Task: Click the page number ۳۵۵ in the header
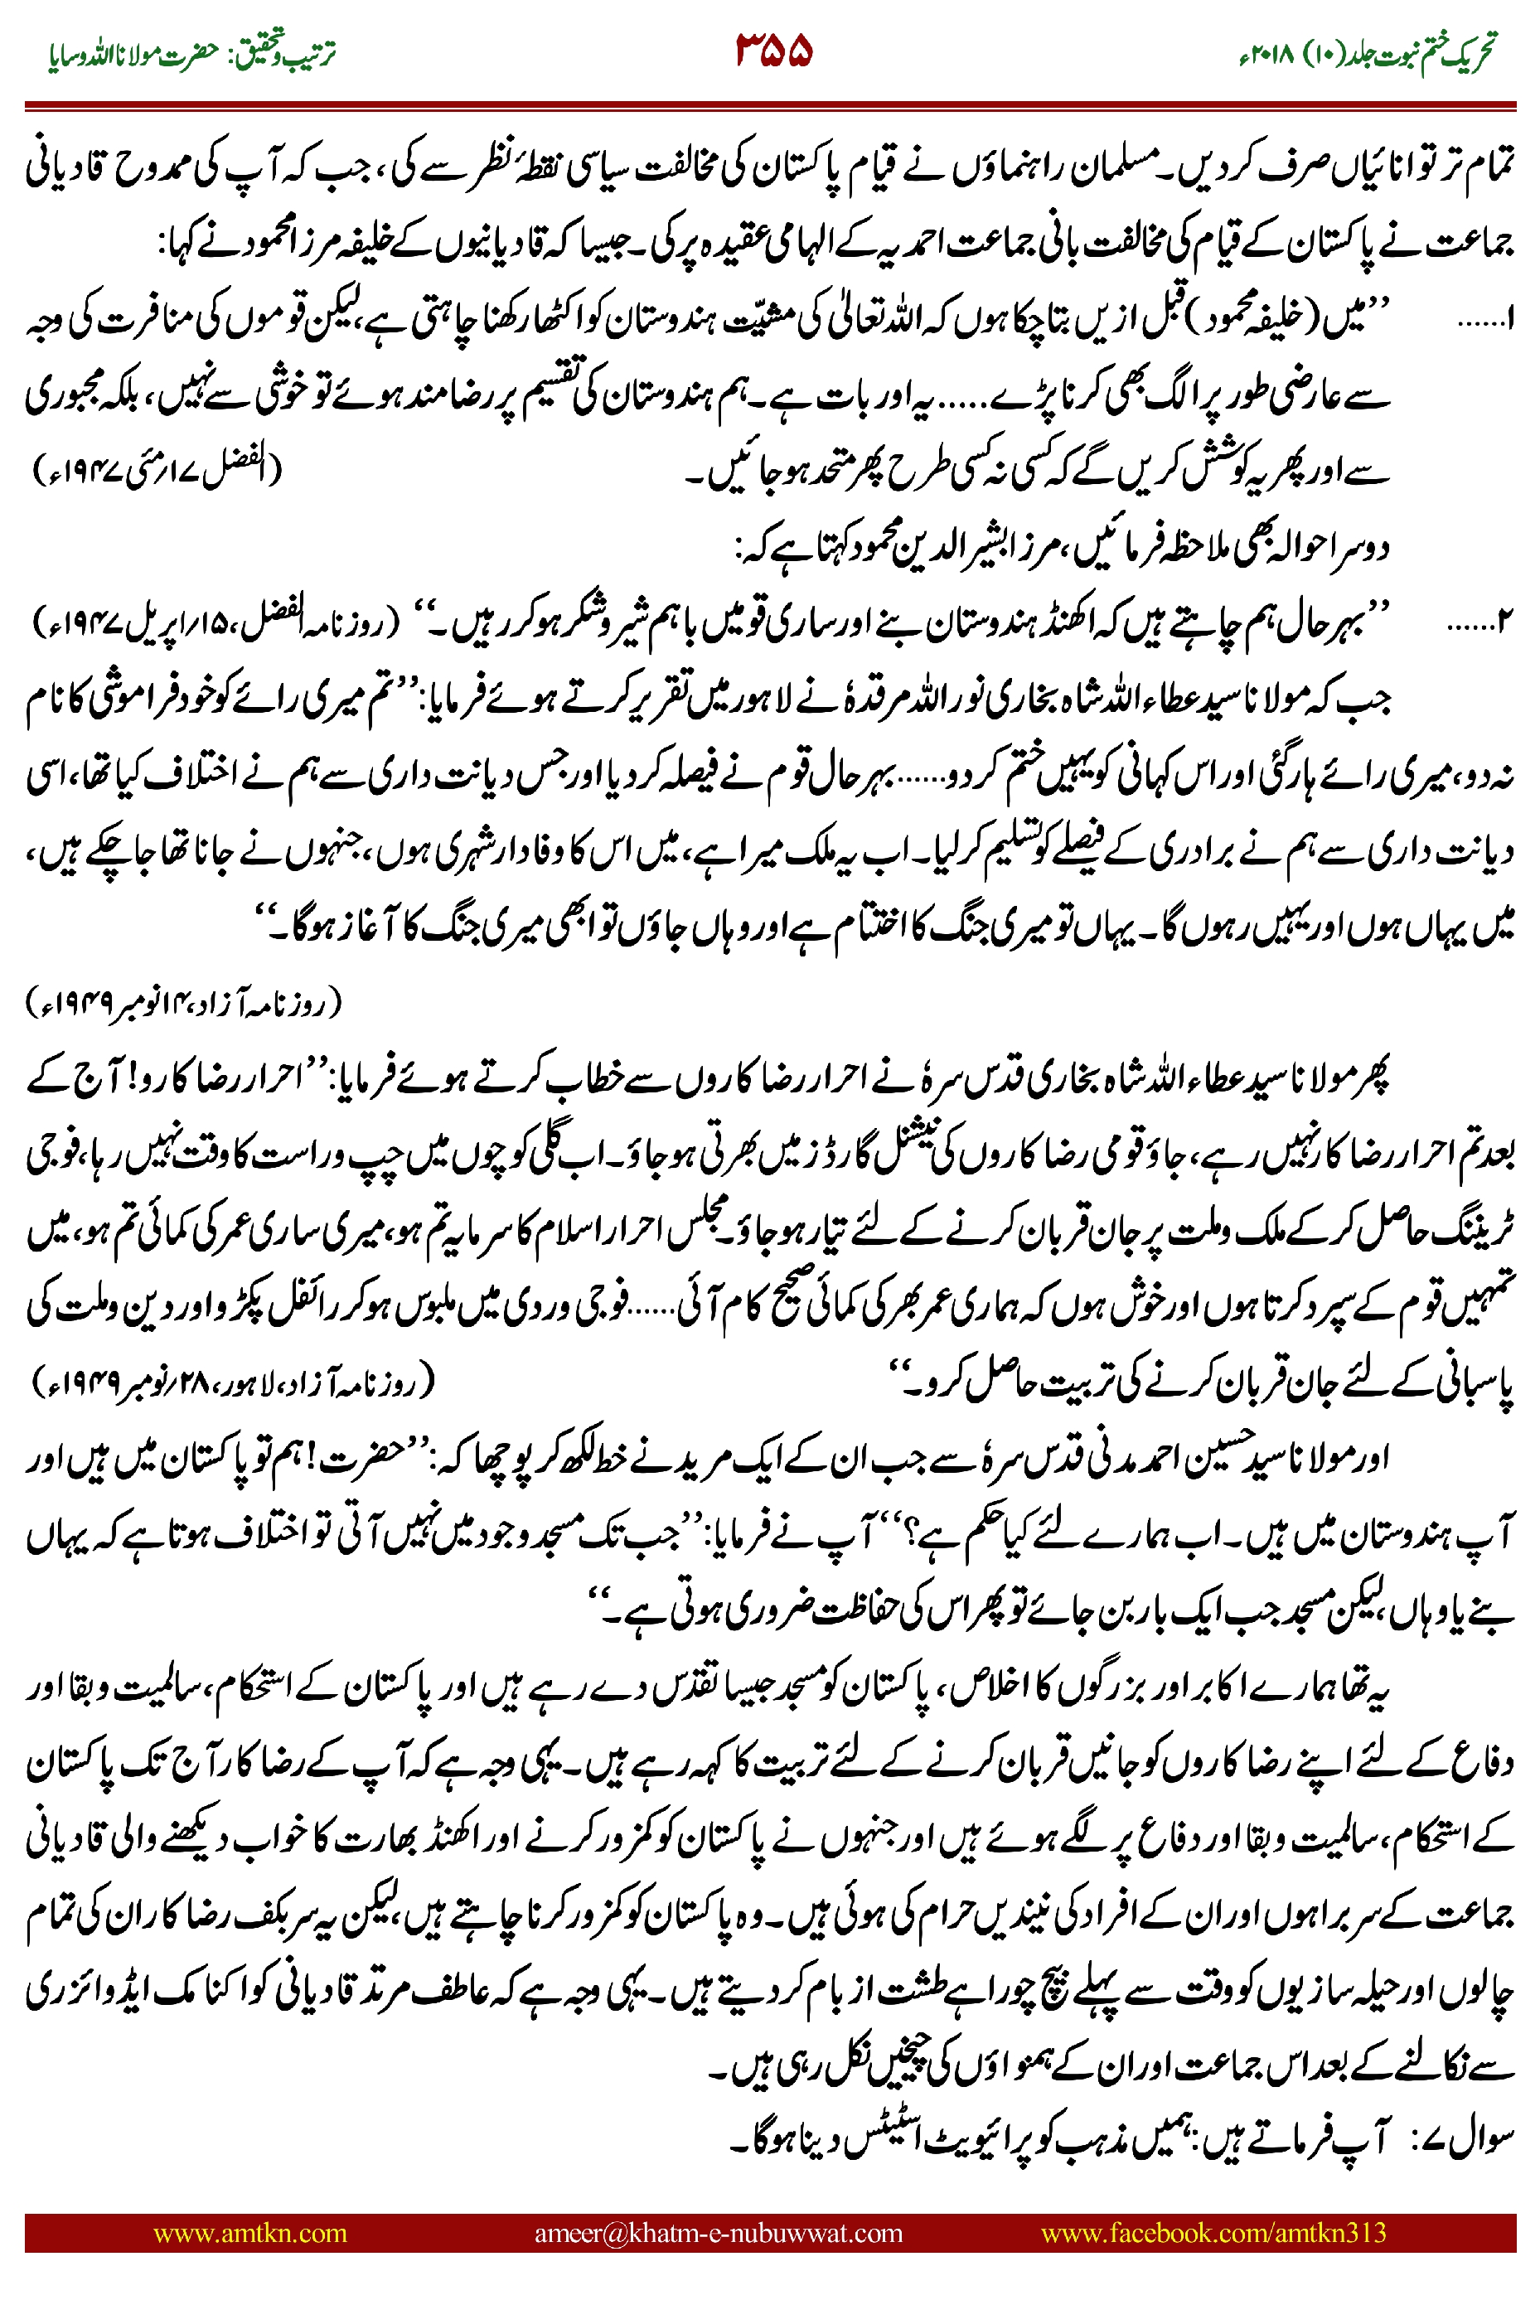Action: point(774,51)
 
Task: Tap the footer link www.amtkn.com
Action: point(249,2232)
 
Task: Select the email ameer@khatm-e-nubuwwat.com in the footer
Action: point(718,2232)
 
